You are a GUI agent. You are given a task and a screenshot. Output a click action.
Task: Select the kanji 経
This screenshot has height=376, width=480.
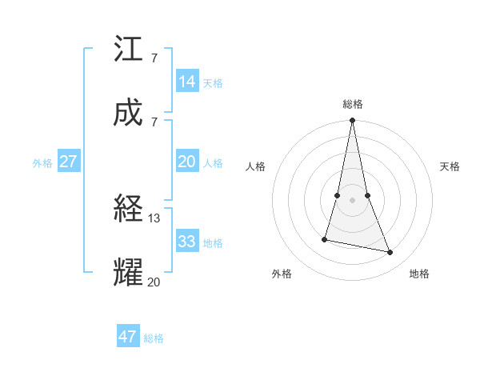[128, 210]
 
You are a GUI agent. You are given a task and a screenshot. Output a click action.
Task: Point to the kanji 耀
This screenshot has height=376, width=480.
[128, 272]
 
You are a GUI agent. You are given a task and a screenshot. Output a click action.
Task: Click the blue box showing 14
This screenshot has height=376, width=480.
[187, 82]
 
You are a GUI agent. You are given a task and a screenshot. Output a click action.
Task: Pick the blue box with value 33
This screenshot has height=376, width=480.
[187, 242]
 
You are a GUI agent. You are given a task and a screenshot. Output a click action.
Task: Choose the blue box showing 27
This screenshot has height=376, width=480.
[68, 162]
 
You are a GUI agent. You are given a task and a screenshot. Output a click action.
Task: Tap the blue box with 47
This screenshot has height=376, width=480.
[128, 337]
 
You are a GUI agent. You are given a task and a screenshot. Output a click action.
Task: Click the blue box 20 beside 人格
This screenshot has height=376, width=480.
[187, 162]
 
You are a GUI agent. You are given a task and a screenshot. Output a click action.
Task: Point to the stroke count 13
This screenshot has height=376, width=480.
[154, 218]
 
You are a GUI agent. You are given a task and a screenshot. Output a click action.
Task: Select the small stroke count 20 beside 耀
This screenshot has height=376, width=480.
[154, 281]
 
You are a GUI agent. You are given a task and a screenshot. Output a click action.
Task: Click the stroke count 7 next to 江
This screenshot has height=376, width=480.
[154, 58]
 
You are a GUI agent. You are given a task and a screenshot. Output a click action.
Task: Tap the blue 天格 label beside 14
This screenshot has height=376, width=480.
[213, 82]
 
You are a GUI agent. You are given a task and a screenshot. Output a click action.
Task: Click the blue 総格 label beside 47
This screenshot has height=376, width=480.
[154, 338]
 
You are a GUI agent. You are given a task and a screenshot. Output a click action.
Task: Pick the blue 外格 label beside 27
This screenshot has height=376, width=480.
[42, 162]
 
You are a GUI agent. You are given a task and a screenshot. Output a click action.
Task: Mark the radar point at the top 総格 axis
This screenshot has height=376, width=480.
[352, 121]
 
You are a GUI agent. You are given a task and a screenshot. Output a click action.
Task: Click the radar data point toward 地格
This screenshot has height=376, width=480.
[390, 253]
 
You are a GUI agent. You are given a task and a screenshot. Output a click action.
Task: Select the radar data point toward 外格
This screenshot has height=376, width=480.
[325, 239]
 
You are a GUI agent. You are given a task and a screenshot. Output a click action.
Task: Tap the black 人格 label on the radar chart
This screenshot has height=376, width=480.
[256, 166]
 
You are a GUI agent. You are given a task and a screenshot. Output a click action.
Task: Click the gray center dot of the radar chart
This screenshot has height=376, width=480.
[352, 200]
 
